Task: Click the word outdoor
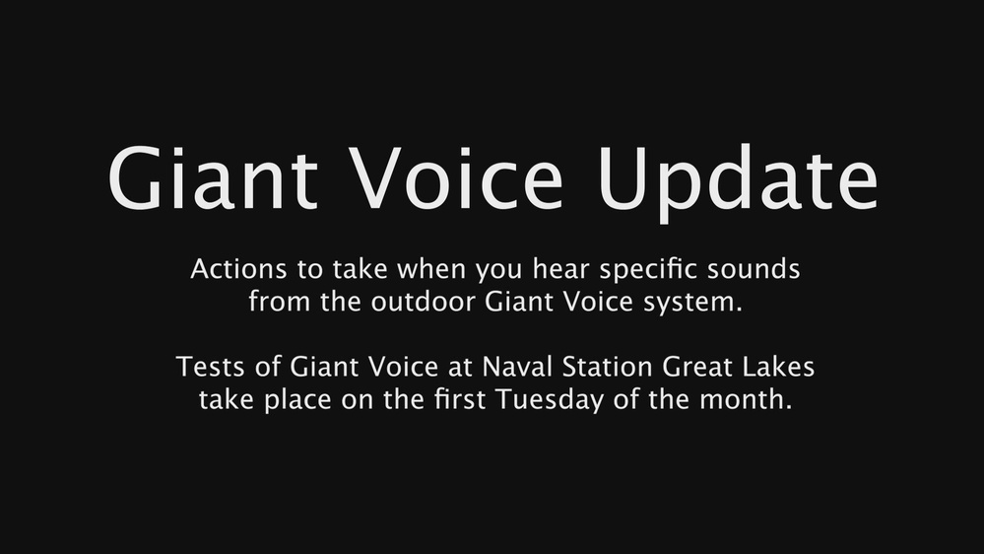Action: (x=426, y=302)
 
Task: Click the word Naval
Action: (x=511, y=369)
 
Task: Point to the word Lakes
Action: (x=780, y=369)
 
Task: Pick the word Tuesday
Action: (x=575, y=401)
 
